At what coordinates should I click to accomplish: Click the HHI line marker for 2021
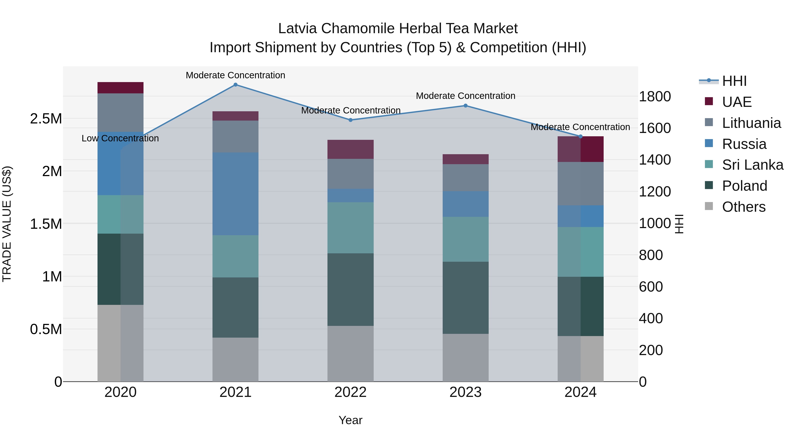point(235,85)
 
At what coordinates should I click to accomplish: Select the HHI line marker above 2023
point(465,106)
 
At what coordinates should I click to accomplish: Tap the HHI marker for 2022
point(350,120)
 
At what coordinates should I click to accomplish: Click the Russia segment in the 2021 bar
point(235,194)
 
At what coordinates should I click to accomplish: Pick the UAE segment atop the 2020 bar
point(121,88)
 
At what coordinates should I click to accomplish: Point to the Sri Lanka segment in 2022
point(350,228)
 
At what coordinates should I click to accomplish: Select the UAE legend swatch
point(709,101)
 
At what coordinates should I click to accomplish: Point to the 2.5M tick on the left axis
point(46,119)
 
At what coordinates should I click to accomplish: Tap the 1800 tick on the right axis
point(654,96)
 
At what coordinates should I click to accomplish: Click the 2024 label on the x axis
point(580,392)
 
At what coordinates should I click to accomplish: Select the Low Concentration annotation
point(120,138)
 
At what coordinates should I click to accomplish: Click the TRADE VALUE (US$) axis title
point(7,224)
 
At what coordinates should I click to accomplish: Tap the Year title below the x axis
point(350,420)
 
